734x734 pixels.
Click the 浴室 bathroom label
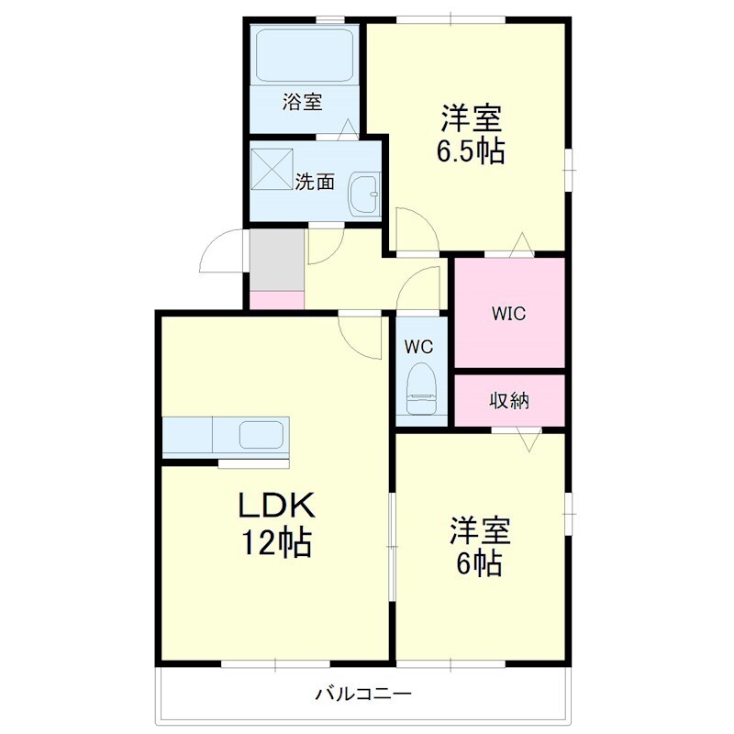coord(303,102)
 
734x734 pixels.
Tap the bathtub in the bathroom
coord(305,57)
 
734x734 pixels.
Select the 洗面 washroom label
coord(315,182)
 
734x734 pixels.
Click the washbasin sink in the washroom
coord(364,193)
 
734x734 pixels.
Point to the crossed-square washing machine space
coord(272,169)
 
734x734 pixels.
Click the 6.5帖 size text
coord(471,151)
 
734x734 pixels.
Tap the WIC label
coord(509,314)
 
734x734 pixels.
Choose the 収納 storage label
coord(509,401)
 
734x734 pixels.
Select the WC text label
coord(418,347)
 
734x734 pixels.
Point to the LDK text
coord(277,506)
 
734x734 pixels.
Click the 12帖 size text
coord(276,542)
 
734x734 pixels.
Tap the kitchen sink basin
coord(261,435)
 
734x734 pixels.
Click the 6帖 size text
coord(479,563)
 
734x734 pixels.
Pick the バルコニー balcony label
coord(363,693)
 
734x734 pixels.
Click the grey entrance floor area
coord(277,260)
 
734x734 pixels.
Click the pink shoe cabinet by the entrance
coord(277,300)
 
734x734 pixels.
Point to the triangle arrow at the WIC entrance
coord(521,244)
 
